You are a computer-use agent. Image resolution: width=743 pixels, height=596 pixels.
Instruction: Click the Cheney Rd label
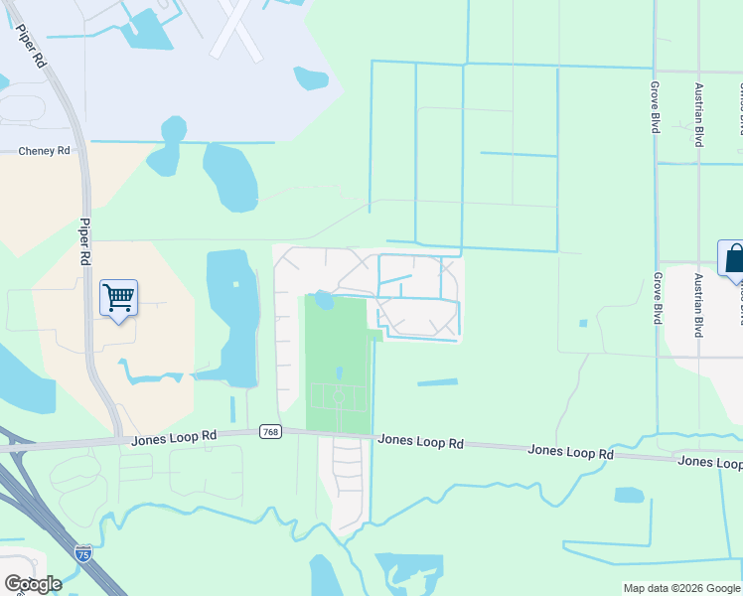point(45,151)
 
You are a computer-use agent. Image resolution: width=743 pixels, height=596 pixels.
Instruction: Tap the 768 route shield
point(270,431)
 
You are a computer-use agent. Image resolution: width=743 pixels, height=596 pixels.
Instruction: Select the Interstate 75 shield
point(83,553)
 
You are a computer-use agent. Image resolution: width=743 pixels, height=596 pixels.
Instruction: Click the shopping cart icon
point(118,297)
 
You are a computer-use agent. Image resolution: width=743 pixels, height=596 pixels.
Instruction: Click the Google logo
point(33,583)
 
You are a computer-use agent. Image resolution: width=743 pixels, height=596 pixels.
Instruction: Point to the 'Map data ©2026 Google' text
point(681,588)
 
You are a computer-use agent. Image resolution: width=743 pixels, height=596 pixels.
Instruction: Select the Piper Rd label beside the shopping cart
point(85,241)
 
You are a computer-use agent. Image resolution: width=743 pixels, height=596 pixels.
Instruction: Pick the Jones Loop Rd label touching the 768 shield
point(174,436)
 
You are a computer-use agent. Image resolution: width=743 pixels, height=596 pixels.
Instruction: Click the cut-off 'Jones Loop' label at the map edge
point(709,463)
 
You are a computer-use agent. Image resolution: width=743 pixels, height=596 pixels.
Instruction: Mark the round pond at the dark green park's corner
point(323,299)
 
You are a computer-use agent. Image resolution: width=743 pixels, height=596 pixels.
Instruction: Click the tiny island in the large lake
point(236,285)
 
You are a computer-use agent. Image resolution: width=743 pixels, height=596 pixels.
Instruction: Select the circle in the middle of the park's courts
point(338,396)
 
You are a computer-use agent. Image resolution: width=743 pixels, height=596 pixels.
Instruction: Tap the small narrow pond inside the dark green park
point(339,373)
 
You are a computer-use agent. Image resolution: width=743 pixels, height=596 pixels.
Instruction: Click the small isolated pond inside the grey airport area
point(310,77)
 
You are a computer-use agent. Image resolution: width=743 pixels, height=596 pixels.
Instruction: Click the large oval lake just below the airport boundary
point(229,177)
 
